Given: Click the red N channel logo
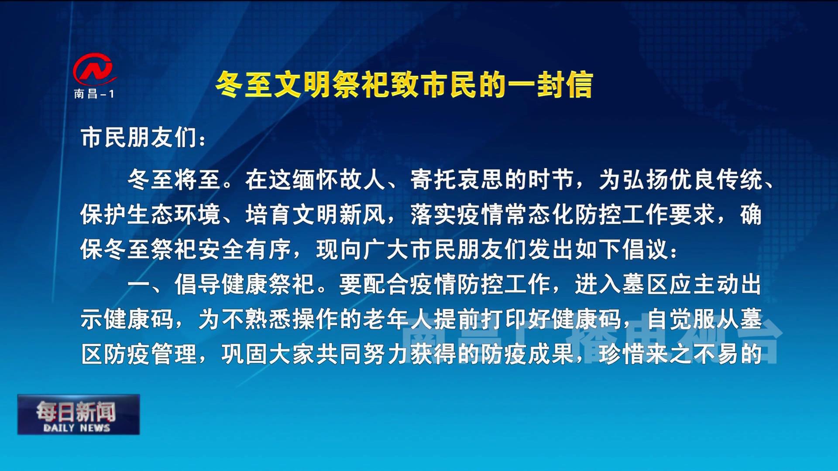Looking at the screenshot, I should (94, 70).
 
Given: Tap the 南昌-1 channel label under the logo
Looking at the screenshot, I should (94, 94).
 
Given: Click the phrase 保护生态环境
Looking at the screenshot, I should (150, 215).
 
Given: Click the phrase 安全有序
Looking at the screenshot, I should (244, 249).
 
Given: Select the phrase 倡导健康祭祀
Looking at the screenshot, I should (244, 284).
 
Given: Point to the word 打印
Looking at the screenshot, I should (504, 319).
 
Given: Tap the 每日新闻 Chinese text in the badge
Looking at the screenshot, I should (76, 411).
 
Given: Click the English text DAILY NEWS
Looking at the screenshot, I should (77, 428).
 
